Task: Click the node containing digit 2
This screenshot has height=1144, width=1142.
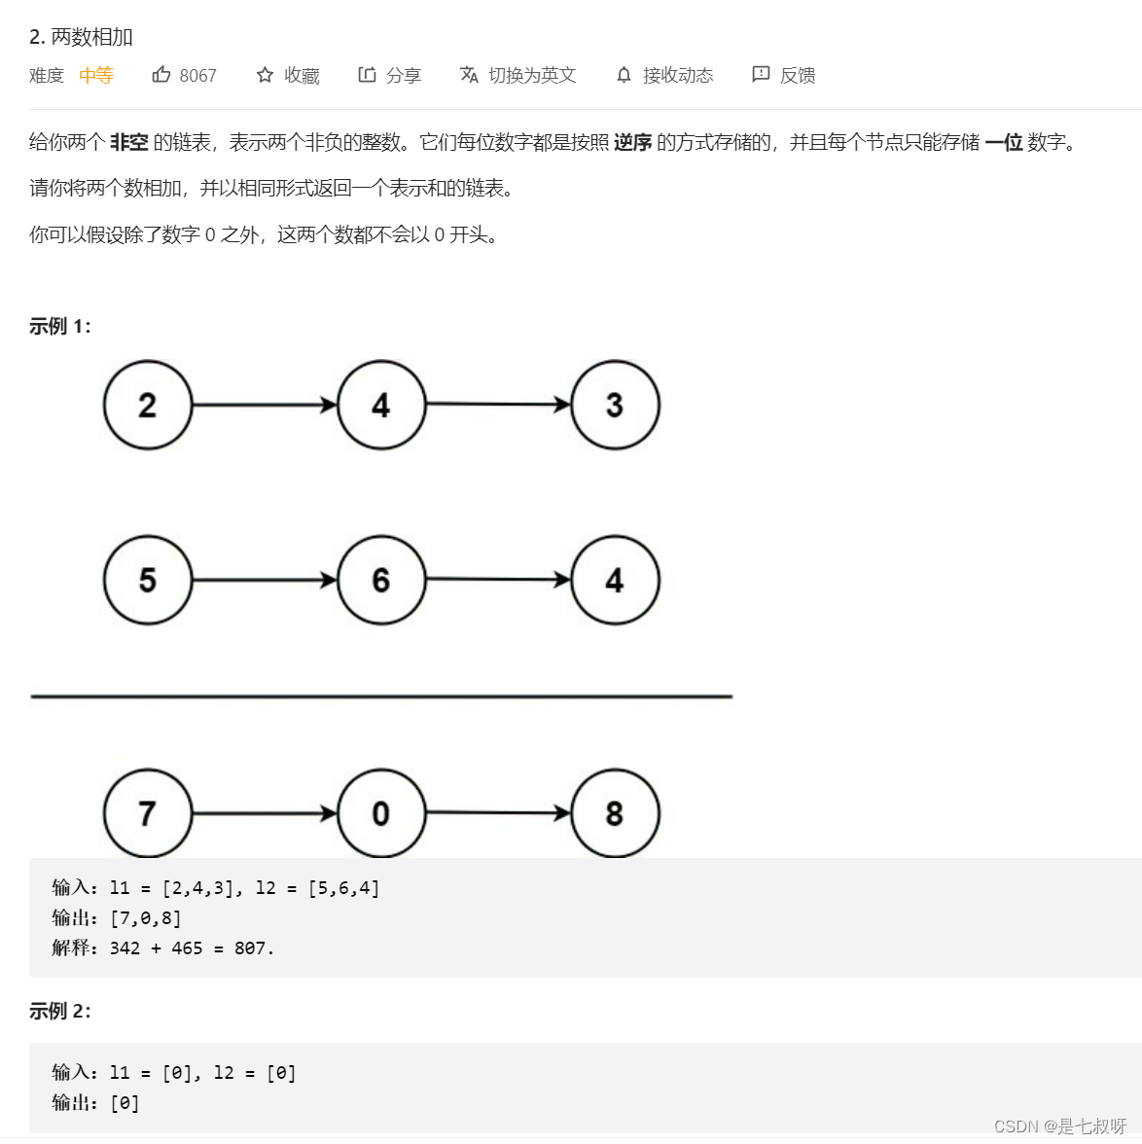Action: pos(148,405)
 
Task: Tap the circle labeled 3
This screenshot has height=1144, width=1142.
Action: pos(615,405)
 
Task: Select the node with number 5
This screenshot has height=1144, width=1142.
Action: pos(148,580)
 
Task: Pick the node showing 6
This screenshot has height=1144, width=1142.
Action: pos(381,580)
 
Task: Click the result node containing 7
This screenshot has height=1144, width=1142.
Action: pos(148,813)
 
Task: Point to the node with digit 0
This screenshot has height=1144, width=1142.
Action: pos(381,813)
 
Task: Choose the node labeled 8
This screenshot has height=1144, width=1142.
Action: pos(615,813)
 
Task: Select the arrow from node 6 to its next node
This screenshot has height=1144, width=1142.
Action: pos(498,580)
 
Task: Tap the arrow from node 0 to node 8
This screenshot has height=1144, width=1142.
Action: pos(498,812)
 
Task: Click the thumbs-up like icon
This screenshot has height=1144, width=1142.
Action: pos(161,75)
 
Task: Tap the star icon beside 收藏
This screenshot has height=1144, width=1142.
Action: pos(265,75)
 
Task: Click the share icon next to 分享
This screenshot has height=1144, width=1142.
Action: pos(367,75)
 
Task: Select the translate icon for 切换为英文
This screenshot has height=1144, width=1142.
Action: pos(469,75)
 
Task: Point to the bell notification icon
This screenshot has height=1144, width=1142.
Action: pos(624,75)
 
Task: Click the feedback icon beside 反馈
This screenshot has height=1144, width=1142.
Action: pos(761,75)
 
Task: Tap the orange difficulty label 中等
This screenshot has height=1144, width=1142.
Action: pos(96,75)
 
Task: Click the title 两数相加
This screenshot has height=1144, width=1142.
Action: pos(91,37)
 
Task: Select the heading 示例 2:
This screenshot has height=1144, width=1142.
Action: pos(60,1012)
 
